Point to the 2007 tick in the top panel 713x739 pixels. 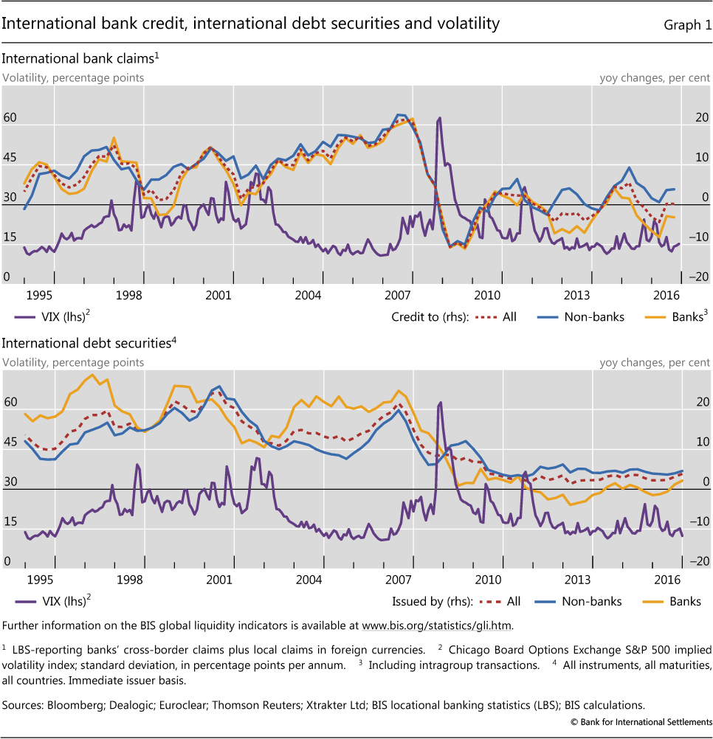pyautogui.click(x=399, y=295)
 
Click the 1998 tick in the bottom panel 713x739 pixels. pyautogui.click(x=129, y=580)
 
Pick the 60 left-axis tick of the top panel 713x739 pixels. pyautogui.click(x=10, y=118)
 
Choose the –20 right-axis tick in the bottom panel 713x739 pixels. pyautogui.click(x=699, y=562)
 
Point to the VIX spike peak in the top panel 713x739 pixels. pyautogui.click(x=440, y=118)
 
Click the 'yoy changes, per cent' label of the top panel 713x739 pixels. pyautogui.click(x=655, y=77)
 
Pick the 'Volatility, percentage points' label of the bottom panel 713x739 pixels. pyautogui.click(x=74, y=362)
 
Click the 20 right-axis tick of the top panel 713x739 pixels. pyautogui.click(x=700, y=118)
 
